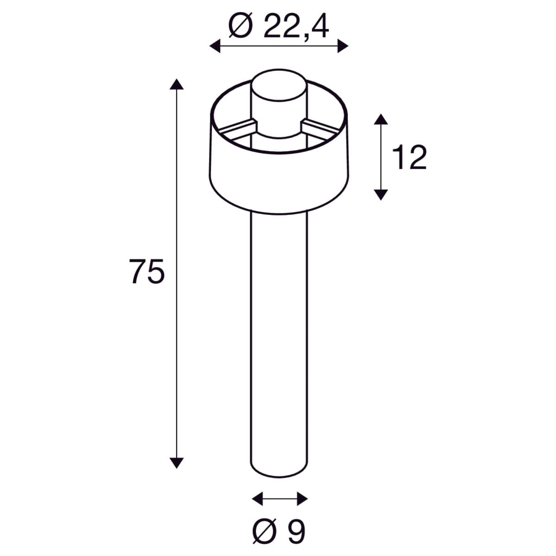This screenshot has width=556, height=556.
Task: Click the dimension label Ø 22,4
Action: click(x=278, y=26)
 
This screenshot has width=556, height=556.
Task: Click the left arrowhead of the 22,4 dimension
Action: click(x=215, y=46)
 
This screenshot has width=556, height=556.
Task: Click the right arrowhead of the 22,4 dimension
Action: click(x=343, y=46)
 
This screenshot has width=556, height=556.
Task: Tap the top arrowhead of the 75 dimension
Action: click(x=177, y=84)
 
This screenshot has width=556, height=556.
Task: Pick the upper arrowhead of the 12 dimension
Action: click(x=381, y=119)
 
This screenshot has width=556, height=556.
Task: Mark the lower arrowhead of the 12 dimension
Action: click(x=381, y=195)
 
